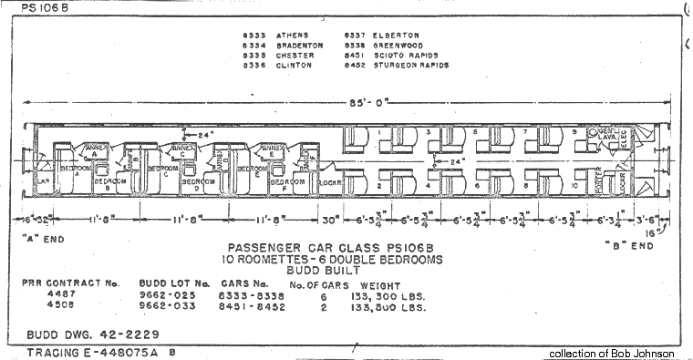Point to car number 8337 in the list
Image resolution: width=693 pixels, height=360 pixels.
coord(353,35)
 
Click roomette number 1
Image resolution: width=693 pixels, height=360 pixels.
coord(377,133)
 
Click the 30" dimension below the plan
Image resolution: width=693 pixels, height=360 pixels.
coord(330,220)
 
